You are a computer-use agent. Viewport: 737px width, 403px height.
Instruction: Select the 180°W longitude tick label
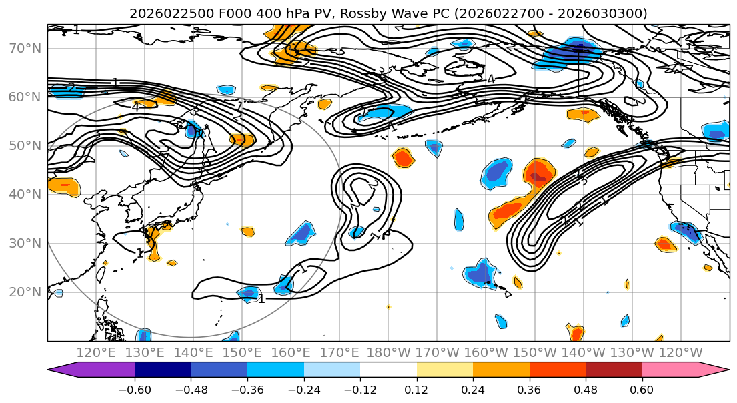tap(388, 352)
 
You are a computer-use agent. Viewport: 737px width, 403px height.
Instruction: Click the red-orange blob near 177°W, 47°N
tap(403, 158)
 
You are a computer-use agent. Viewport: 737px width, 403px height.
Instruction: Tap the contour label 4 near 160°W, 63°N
tap(491, 79)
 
